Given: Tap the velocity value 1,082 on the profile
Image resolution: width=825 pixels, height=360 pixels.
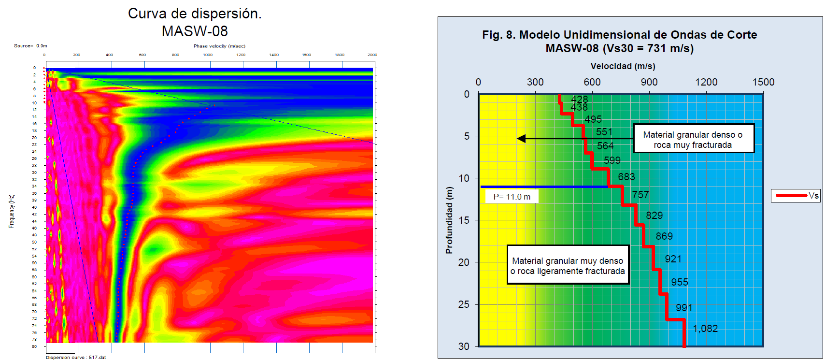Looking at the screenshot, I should click(x=705, y=329).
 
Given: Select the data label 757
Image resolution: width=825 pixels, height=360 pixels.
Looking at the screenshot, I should click(x=640, y=195).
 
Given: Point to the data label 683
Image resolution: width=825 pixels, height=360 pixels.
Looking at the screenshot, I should click(x=626, y=177).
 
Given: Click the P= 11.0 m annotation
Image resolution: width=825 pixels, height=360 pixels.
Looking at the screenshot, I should click(x=512, y=197).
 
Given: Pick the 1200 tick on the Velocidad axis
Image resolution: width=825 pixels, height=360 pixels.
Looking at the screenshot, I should click(x=706, y=82).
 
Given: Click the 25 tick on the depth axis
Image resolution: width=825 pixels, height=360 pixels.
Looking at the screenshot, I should click(x=464, y=304).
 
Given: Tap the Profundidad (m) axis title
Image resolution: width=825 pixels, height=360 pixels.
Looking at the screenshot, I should click(x=450, y=220).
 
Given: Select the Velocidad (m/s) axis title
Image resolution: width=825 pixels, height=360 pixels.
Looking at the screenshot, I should click(x=623, y=66).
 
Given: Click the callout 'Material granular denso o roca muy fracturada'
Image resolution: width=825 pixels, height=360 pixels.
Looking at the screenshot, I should click(x=693, y=140).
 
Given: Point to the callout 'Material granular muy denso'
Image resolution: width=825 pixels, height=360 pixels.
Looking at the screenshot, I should click(x=568, y=266).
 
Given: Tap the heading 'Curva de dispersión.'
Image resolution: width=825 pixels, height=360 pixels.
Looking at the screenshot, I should click(x=195, y=14).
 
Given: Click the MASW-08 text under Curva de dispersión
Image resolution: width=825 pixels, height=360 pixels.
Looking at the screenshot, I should click(x=195, y=31).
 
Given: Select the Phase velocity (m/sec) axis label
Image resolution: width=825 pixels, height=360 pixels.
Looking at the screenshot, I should click(x=219, y=46).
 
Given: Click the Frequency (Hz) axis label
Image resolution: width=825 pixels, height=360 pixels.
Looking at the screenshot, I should click(x=11, y=211).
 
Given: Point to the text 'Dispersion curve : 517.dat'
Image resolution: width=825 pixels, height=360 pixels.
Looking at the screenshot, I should click(x=76, y=358).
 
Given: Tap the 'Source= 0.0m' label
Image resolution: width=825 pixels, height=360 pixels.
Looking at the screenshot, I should click(x=30, y=46).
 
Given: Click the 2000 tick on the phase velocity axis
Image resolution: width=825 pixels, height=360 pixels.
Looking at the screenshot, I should click(x=372, y=55).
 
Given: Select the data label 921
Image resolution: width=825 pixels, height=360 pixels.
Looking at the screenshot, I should click(x=673, y=259).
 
